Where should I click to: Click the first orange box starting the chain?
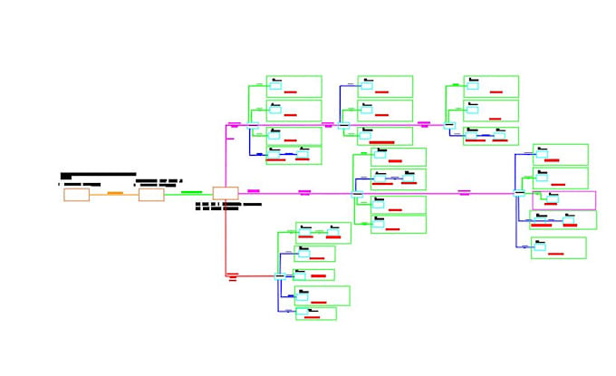click(x=76, y=194)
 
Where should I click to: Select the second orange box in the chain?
click(x=151, y=194)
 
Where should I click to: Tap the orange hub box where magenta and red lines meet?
click(x=225, y=193)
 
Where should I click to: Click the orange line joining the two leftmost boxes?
click(x=114, y=193)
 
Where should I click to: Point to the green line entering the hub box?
click(x=190, y=193)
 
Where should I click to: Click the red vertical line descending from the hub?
click(x=226, y=236)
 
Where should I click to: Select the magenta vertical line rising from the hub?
click(x=226, y=159)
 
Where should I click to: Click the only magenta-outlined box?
click(x=563, y=200)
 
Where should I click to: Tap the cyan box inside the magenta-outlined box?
click(x=553, y=198)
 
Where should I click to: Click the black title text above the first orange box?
click(x=98, y=175)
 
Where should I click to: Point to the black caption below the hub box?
click(x=228, y=207)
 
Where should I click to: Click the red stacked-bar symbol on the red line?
click(x=232, y=276)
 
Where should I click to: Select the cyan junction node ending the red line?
click(x=279, y=275)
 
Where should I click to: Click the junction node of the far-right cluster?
click(x=518, y=193)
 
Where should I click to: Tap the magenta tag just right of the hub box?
click(x=254, y=191)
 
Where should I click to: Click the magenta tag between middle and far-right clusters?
click(x=464, y=192)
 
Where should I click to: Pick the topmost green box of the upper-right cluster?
click(x=490, y=86)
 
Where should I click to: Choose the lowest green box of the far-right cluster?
click(x=558, y=247)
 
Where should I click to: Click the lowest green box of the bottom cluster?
click(x=315, y=313)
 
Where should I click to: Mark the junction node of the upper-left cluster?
click(x=252, y=125)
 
